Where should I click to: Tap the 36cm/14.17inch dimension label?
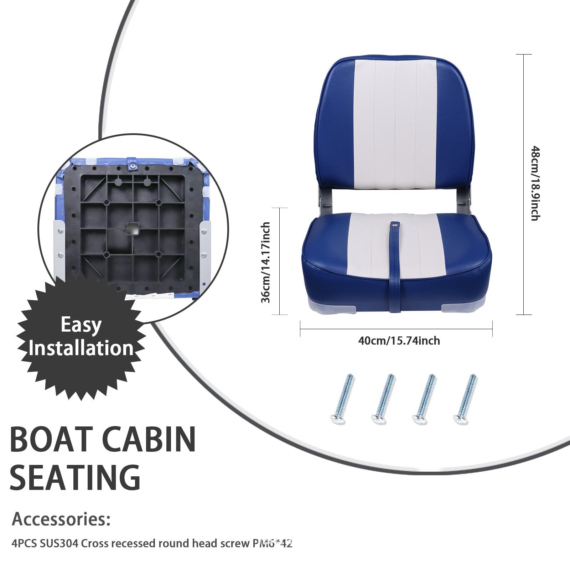(x=265, y=262)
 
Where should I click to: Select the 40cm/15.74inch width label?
(x=399, y=341)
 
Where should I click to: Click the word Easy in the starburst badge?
(x=81, y=325)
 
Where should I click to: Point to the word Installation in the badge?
(x=81, y=348)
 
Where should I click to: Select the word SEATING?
(x=75, y=477)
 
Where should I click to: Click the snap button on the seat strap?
(x=395, y=225)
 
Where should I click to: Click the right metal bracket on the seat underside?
(x=204, y=249)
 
